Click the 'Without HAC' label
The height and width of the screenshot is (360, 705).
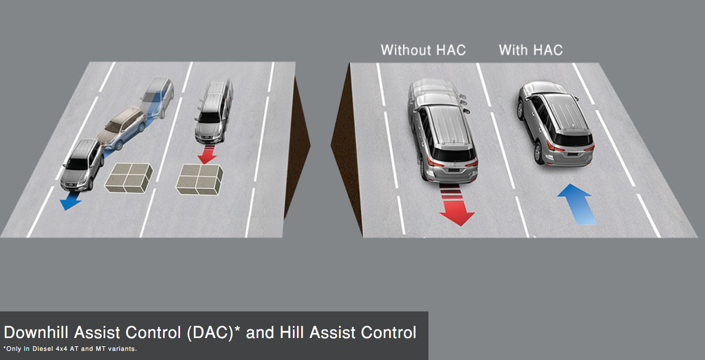423,50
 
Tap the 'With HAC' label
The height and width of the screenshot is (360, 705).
531,50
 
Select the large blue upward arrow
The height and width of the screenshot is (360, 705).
578,205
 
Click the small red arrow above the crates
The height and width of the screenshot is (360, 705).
207,154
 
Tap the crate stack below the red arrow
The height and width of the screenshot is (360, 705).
199,179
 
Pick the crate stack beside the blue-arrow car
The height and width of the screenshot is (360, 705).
129,178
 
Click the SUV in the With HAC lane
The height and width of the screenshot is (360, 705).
556,124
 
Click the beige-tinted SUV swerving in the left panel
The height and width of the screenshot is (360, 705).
122,128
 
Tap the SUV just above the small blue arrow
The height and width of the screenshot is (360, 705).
82,165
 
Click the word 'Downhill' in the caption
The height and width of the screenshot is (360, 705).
36,332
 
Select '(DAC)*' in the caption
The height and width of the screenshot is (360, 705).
213,332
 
